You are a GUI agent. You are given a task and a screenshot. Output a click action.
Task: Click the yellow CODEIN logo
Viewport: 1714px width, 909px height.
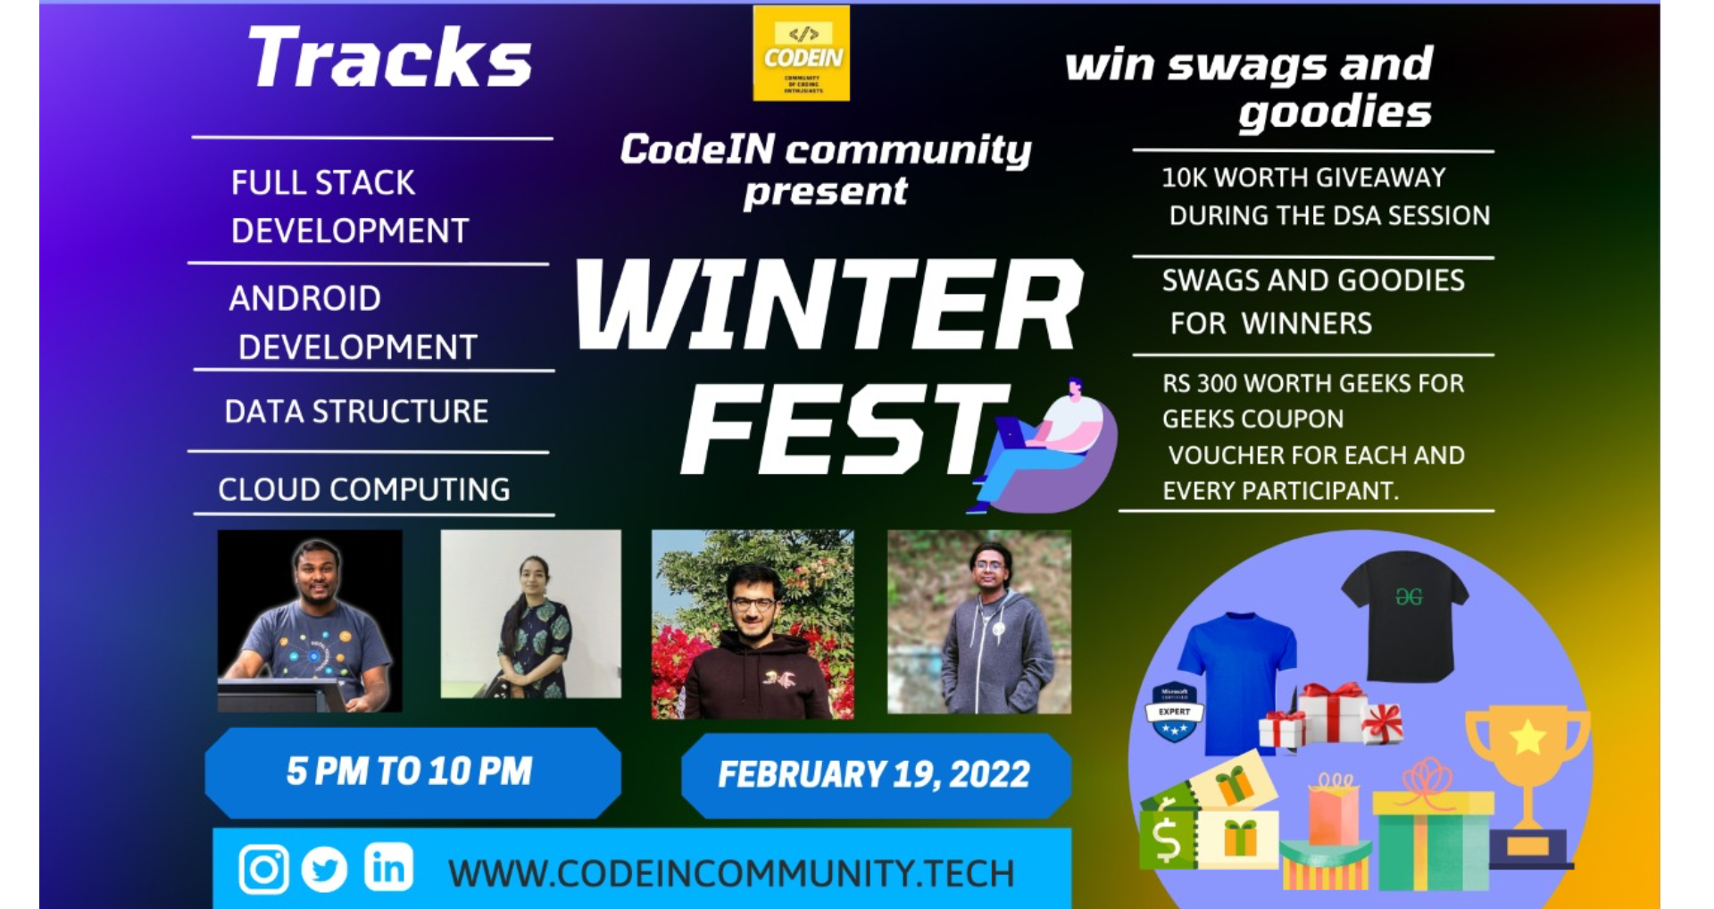801,54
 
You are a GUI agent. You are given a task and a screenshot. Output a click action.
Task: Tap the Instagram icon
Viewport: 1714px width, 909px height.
263,869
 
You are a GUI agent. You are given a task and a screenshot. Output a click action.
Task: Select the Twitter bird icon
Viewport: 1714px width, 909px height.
324,869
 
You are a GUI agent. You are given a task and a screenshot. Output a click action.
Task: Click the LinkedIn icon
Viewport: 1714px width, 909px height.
388,867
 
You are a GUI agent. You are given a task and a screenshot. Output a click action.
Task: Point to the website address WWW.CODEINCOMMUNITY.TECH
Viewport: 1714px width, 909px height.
731,873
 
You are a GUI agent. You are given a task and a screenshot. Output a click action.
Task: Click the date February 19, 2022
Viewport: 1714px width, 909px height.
874,774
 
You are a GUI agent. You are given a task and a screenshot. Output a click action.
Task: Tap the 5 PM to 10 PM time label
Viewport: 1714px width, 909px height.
410,771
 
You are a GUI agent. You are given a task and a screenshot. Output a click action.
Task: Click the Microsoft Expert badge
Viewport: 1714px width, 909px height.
1174,713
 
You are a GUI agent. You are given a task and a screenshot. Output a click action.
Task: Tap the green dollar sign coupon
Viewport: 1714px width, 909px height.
1166,838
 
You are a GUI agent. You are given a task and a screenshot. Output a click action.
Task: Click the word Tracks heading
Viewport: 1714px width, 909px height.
390,58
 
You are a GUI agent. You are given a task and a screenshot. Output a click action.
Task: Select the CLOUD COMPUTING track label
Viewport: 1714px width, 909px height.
364,489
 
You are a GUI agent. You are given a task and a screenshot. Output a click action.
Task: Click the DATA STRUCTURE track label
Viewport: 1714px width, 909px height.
356,412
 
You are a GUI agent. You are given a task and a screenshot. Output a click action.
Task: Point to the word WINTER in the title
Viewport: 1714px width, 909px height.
829,305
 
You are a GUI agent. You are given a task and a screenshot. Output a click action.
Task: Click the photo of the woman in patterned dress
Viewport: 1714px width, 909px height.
531,614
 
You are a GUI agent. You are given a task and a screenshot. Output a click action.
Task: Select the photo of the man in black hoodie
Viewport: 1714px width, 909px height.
753,625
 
